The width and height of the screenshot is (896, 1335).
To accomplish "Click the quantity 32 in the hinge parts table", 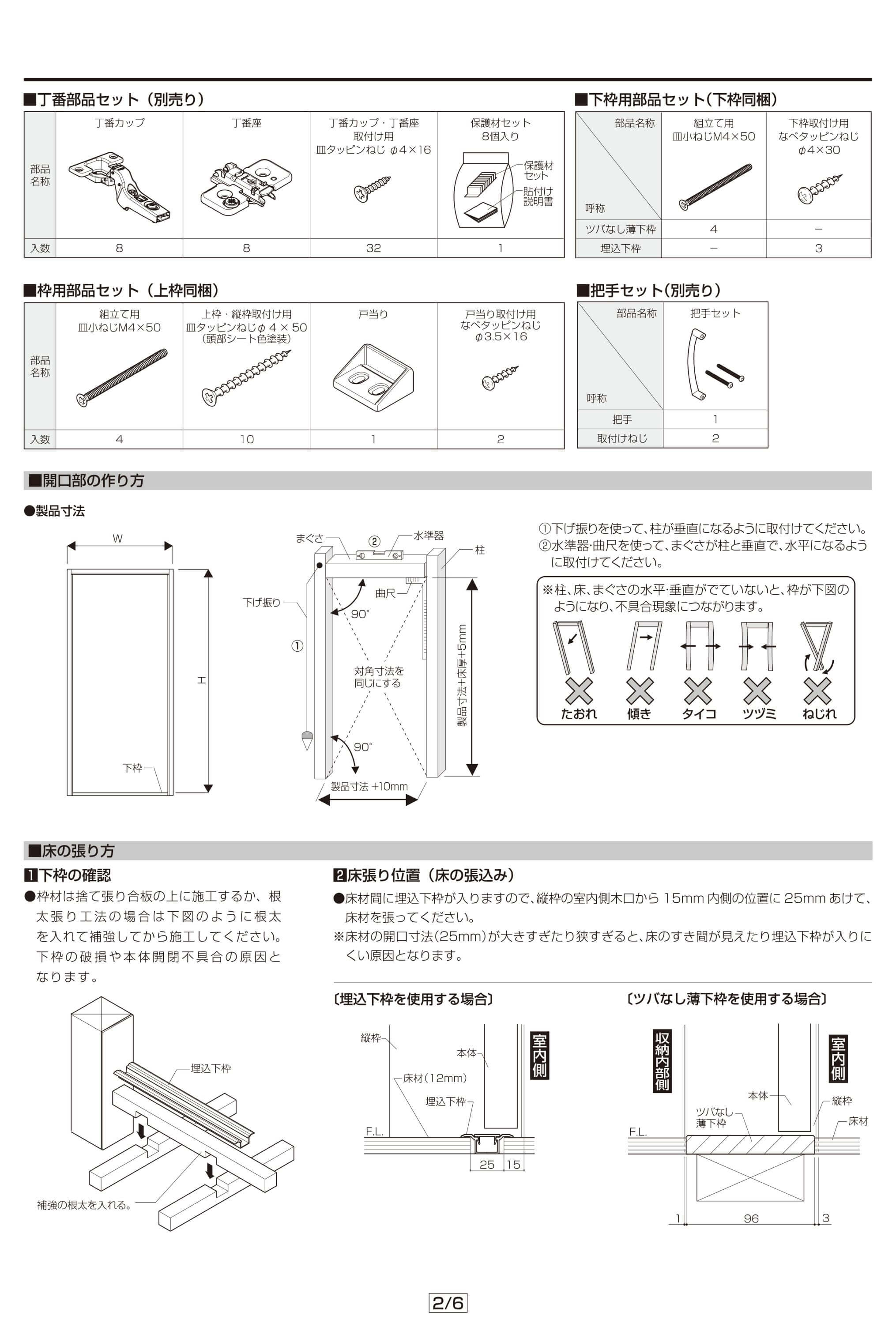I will coord(373,248).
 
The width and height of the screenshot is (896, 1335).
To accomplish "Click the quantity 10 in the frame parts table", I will coord(246,439).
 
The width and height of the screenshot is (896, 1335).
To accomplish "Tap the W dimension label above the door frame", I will coord(118,538).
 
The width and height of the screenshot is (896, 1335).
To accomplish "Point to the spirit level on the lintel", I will coord(380,554).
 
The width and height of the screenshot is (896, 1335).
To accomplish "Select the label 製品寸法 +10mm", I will coord(369,786).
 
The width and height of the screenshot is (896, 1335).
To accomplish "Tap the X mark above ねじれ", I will coord(817,691).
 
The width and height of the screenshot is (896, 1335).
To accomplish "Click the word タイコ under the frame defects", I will coord(698,714).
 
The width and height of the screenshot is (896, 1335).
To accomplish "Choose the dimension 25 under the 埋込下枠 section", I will coord(487,1165).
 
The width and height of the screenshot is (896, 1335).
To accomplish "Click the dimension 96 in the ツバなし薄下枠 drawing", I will coord(751,1218).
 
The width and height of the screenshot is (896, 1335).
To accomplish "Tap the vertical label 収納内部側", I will coord(662,1061).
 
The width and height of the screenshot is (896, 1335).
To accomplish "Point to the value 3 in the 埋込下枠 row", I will coord(818,248).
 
